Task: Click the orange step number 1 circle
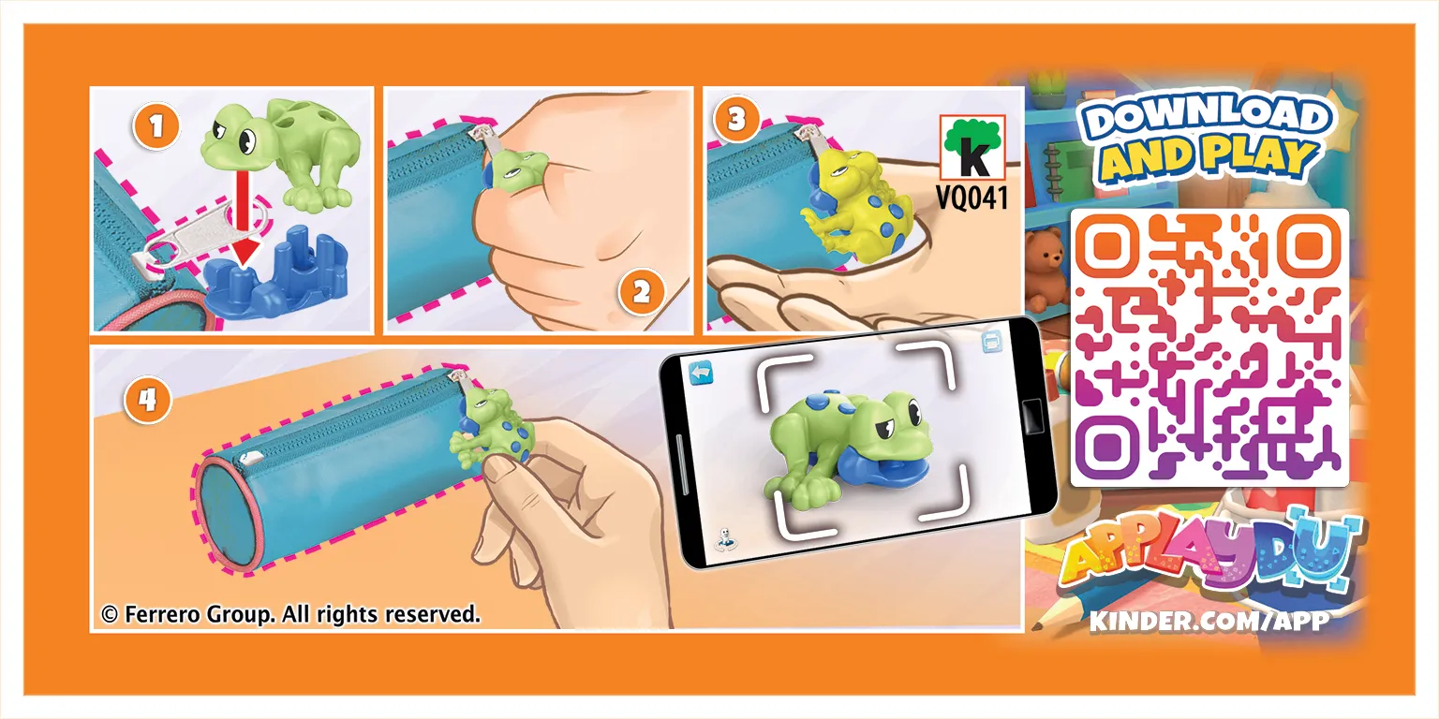[156, 126]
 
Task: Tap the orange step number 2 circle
[641, 293]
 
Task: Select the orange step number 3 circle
[737, 119]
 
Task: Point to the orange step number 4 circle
[147, 400]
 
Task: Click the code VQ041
[972, 198]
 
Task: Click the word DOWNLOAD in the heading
[1205, 120]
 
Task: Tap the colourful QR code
[1209, 347]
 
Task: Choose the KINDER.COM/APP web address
[1209, 620]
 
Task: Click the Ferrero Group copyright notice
[290, 614]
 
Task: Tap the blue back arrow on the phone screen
[701, 373]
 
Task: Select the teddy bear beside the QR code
[1045, 267]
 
